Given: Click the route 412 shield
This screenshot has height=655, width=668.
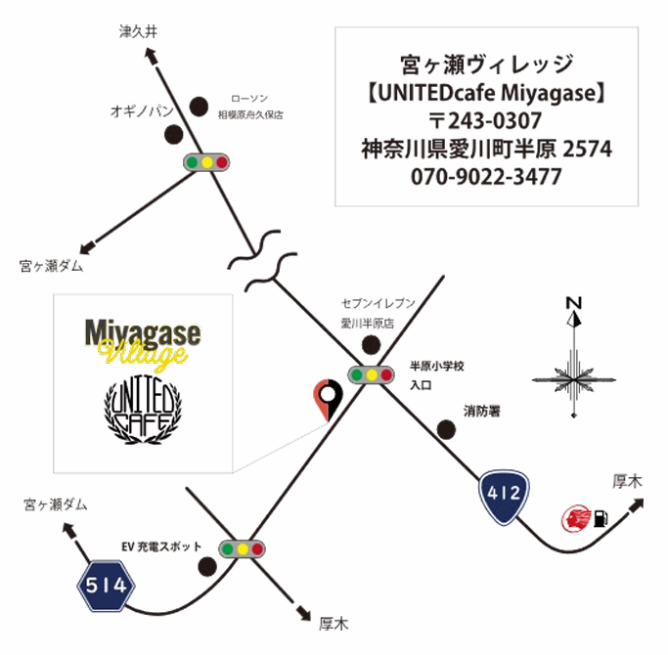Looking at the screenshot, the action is coord(504,497).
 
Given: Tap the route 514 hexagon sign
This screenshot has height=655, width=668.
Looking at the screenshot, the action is coord(106,586).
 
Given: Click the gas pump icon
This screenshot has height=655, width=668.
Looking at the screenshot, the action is coord(600,518).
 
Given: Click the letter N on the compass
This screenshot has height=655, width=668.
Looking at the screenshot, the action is coord(574,303).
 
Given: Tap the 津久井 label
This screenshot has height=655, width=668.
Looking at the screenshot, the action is coord(138,31).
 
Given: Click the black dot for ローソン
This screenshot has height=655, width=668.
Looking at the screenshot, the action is coord(199,107).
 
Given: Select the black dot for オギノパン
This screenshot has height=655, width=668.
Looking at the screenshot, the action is coord(174,135).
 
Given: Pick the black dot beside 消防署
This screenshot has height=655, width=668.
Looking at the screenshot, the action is coord(446,429).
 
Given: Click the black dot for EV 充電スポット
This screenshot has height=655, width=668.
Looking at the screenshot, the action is coord(207,566).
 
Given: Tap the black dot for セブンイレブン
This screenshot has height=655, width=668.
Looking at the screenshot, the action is coord(371,344).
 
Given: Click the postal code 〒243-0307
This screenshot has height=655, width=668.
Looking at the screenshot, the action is coord(485,120).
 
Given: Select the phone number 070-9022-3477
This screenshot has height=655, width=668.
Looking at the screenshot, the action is coord(486,177).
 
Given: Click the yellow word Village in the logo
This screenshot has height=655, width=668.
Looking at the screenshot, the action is coord(143,354).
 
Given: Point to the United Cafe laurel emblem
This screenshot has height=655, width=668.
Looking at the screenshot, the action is coord(143,410).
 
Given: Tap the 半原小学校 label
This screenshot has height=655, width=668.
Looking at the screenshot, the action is coord(436,366).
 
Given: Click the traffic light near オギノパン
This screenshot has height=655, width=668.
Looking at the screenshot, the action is coord(206,162).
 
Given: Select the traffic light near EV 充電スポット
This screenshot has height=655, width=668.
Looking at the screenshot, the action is coord(242,549).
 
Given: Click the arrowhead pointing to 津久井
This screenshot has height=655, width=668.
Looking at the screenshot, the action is coord(152,56).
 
